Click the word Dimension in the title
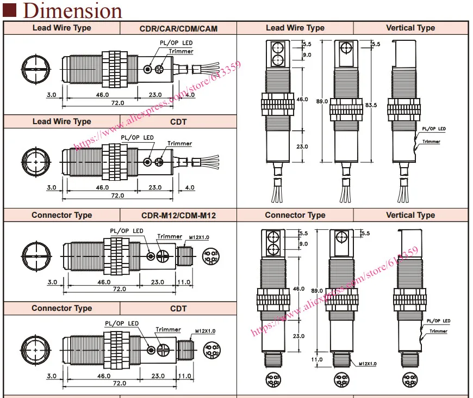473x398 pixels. (x=72, y=11)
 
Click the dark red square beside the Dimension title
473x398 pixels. (x=9, y=10)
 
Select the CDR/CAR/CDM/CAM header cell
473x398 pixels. (x=178, y=28)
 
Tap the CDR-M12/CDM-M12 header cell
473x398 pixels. (x=178, y=216)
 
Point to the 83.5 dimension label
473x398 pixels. (x=371, y=105)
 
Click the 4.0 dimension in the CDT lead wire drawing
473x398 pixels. (x=190, y=187)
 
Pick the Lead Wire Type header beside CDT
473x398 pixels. (x=62, y=121)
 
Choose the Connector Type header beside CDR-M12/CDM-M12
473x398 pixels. (x=62, y=215)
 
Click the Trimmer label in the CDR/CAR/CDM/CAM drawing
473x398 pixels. (x=181, y=51)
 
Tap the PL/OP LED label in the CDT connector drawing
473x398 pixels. (x=122, y=323)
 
